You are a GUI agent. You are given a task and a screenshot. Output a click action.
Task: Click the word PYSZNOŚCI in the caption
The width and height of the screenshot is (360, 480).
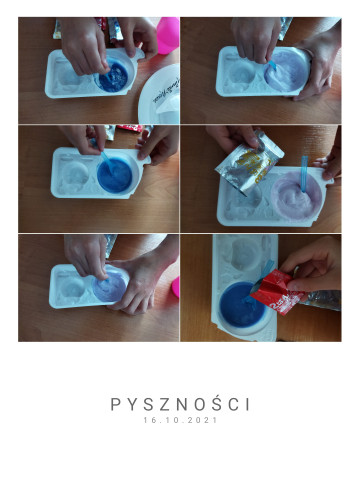pos(180,404)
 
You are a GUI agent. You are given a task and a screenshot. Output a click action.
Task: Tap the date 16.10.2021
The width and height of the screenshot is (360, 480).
pos(180,420)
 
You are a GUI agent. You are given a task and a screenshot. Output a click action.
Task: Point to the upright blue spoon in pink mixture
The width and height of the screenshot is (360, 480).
pos(304,174)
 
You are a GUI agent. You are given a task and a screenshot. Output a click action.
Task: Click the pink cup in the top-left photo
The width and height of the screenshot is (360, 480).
pos(168,35)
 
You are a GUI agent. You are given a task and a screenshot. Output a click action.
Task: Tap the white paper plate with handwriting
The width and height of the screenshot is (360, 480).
pos(160,95)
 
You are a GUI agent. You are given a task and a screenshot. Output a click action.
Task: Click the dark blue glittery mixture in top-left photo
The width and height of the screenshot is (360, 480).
pos(113,77)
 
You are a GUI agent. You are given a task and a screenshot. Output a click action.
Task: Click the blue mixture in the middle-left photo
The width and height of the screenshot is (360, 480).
pos(115,175)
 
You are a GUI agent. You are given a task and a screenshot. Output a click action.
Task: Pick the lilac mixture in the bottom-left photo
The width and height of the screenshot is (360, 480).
pos(109,287)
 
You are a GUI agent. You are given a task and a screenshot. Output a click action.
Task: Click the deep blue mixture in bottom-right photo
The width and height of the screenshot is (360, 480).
pos(242,305)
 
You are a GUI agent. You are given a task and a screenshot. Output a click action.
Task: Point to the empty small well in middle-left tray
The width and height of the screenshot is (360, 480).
pos(76,173)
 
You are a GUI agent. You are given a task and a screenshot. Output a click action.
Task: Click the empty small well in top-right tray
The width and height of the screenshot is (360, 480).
pos(242,71)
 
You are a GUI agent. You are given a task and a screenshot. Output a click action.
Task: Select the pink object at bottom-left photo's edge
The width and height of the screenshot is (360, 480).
pos(175,287)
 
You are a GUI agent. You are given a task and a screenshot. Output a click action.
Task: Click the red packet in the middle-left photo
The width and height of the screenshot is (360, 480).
pos(130,128)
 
